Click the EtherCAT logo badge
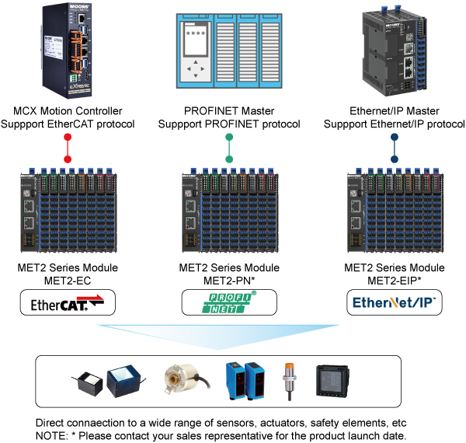(68, 302)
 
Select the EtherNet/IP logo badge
(394, 302)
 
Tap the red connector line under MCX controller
(68, 148)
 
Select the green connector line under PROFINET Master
(229, 148)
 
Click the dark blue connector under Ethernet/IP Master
(394, 148)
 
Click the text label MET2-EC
(68, 279)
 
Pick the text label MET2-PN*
(229, 279)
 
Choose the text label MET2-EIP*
(394, 279)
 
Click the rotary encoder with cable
(184, 381)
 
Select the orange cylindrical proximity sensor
(289, 378)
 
